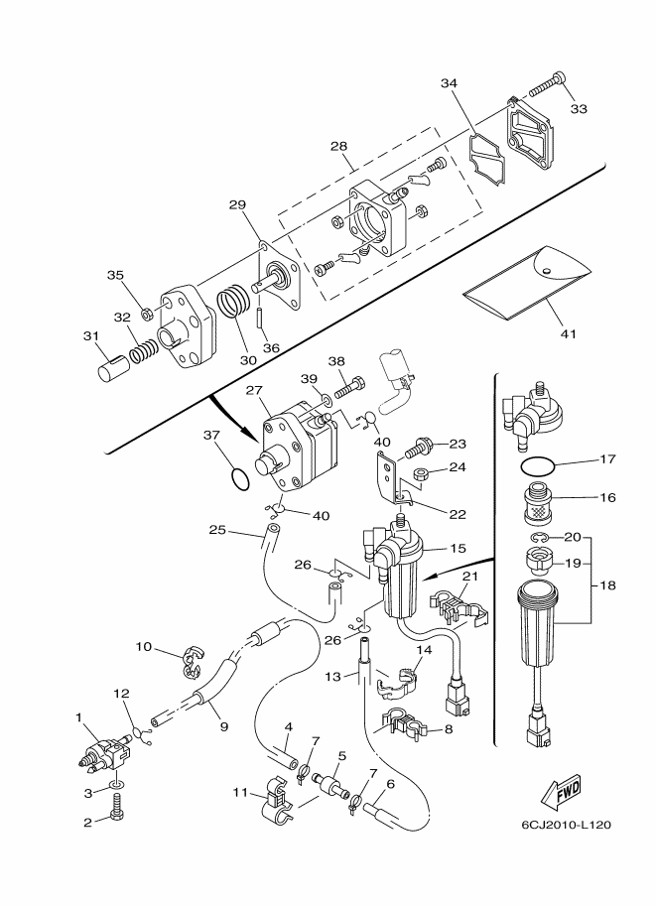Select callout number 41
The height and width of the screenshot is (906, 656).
[x=569, y=333]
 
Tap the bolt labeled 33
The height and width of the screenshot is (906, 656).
[x=547, y=83]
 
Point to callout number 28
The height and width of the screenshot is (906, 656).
[x=338, y=146]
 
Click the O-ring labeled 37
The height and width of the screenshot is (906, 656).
[x=240, y=480]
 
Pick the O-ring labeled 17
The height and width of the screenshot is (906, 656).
[x=537, y=464]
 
